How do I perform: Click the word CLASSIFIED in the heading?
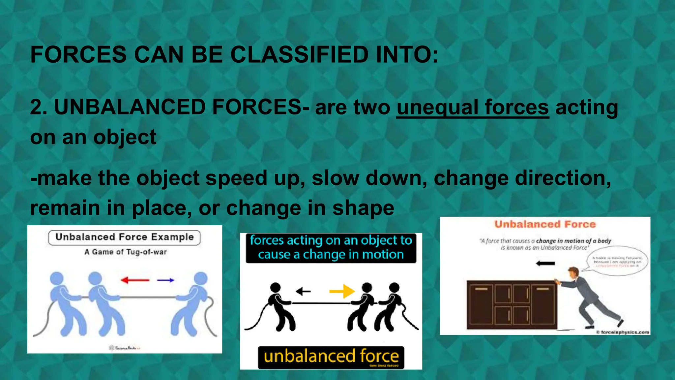(299, 54)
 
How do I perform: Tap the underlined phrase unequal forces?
(473, 108)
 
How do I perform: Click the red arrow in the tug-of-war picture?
(135, 280)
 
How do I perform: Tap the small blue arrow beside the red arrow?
(165, 280)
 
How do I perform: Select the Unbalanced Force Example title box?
(124, 237)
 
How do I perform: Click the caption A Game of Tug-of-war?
(125, 252)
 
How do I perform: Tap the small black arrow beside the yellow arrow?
(303, 291)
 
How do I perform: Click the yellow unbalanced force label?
(331, 357)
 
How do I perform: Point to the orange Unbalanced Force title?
(545, 224)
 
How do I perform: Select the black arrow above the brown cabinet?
(545, 263)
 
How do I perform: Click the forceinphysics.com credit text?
(623, 332)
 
